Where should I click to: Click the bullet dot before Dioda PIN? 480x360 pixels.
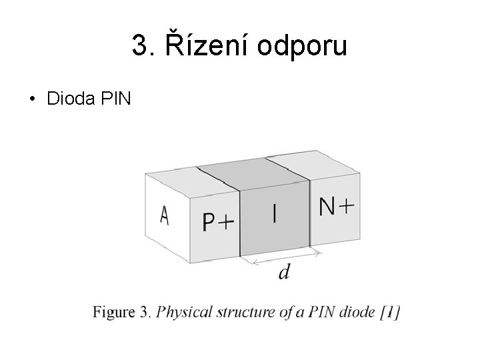click(31, 101)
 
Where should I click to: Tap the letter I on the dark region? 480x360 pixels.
click(275, 213)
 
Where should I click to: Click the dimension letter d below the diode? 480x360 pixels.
click(284, 273)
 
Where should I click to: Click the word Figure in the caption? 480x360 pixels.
click(114, 312)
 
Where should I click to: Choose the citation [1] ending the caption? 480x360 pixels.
click(389, 312)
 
